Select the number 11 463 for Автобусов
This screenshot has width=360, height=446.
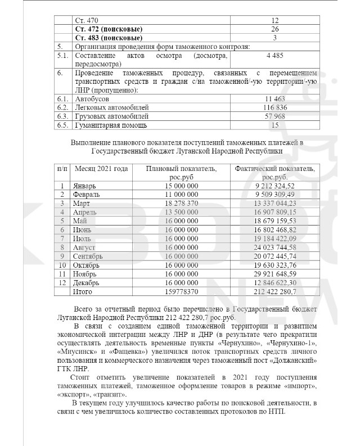tap(275, 98)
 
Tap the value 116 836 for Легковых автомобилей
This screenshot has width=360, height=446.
tap(275, 107)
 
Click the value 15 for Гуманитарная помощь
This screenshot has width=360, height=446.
tap(275, 125)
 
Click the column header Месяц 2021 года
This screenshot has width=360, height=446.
tap(101, 169)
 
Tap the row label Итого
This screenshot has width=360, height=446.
tap(83, 292)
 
